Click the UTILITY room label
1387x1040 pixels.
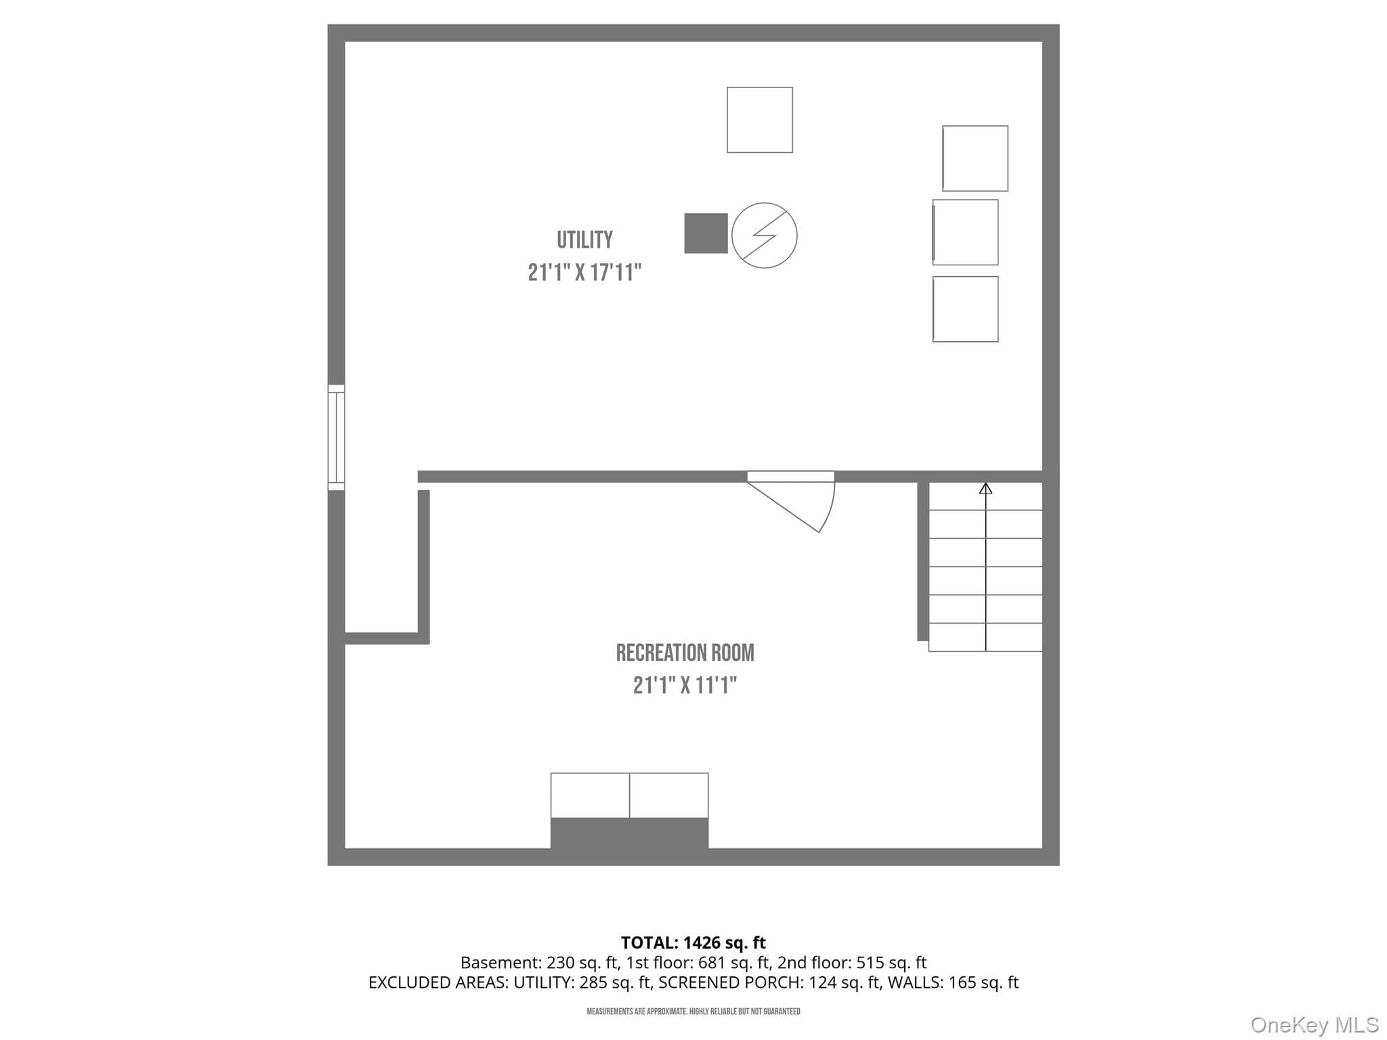pyautogui.click(x=584, y=240)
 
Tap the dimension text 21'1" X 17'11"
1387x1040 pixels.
pyautogui.click(x=584, y=272)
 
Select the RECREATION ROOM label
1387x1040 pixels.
pyautogui.click(x=685, y=653)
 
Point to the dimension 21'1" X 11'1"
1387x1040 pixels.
pyautogui.click(x=685, y=685)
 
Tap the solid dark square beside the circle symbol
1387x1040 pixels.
pyautogui.click(x=706, y=234)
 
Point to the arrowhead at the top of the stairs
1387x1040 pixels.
pyautogui.click(x=985, y=487)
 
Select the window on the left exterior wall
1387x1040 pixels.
pyautogui.click(x=336, y=437)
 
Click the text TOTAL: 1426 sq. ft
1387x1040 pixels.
pyautogui.click(x=693, y=942)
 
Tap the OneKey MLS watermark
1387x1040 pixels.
pyautogui.click(x=1315, y=1024)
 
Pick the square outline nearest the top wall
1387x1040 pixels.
pyautogui.click(x=760, y=120)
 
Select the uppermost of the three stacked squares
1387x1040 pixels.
pyautogui.click(x=975, y=158)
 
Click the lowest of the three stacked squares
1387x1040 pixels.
pyautogui.click(x=965, y=309)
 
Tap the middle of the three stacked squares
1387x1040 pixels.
pyautogui.click(x=965, y=232)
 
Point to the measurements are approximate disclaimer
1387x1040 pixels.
pyautogui.click(x=693, y=1012)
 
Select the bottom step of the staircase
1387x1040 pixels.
pyautogui.click(x=985, y=637)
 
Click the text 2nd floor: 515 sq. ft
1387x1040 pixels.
pyautogui.click(x=852, y=963)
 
